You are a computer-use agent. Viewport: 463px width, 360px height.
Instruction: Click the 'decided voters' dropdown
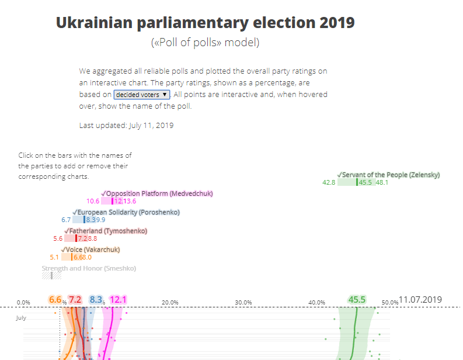tap(142, 94)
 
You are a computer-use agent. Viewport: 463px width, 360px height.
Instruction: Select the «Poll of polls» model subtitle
tap(205, 43)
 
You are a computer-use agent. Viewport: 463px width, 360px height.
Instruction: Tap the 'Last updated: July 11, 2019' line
tap(126, 125)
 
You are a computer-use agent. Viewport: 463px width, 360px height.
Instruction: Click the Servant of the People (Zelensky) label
tap(388, 175)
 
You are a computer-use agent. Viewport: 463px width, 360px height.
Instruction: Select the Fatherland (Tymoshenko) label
tap(106, 231)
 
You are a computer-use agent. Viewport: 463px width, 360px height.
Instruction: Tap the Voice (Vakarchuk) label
tap(90, 250)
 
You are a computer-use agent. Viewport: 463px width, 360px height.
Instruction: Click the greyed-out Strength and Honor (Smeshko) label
tap(89, 268)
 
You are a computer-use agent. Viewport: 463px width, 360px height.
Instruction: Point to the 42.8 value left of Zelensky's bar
tap(329, 183)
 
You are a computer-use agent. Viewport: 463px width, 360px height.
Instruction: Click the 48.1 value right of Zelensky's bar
tap(382, 183)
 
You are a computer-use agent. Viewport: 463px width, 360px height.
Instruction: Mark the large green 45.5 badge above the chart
tap(357, 300)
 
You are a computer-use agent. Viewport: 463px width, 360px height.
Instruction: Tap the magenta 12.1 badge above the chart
tap(118, 300)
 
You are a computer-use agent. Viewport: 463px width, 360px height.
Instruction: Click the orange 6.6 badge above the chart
tap(55, 300)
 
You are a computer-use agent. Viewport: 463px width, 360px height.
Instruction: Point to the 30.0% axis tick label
tap(243, 302)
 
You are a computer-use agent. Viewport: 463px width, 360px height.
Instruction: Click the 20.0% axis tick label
tap(170, 302)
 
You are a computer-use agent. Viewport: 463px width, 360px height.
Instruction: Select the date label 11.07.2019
tap(420, 300)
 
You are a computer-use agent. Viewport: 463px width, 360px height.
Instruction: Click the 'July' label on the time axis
tap(21, 318)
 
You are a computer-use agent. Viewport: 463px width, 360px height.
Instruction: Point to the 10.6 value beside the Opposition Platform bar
tap(93, 202)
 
